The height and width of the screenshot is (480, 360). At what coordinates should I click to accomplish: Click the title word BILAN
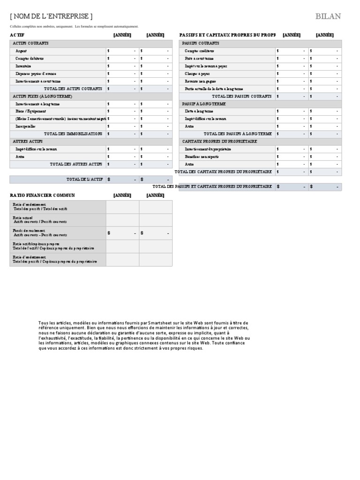point(328,16)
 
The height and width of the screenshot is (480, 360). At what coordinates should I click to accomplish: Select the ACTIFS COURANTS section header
point(30,43)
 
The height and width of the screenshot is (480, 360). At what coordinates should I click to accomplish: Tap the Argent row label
point(22,51)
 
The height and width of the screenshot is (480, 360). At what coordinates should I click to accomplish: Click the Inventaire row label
point(24,66)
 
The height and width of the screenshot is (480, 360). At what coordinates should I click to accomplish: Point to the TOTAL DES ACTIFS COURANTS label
point(73,89)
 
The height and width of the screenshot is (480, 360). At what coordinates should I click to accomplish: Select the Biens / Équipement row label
point(31,111)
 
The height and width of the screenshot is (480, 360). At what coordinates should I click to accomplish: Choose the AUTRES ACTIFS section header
point(28,141)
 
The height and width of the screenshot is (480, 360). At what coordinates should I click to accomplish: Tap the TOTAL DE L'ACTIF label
point(84,179)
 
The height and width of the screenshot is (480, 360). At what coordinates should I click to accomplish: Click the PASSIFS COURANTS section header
point(201,43)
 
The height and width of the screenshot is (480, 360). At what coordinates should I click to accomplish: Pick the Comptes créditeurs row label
point(200,51)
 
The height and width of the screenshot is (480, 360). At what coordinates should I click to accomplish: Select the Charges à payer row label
point(197,74)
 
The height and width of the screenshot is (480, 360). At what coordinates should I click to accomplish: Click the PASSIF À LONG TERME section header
point(204,104)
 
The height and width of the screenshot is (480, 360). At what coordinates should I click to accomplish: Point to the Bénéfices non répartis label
point(202,157)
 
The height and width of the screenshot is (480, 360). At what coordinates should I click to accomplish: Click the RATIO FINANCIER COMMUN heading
point(42,195)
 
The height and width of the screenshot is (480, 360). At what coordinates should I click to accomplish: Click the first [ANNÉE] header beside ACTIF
point(122,35)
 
